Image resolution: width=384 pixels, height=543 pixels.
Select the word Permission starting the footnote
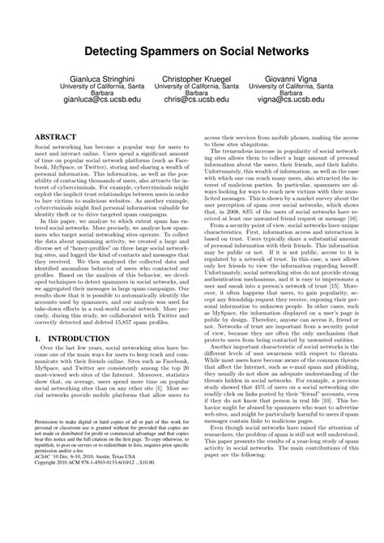[47, 468]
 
